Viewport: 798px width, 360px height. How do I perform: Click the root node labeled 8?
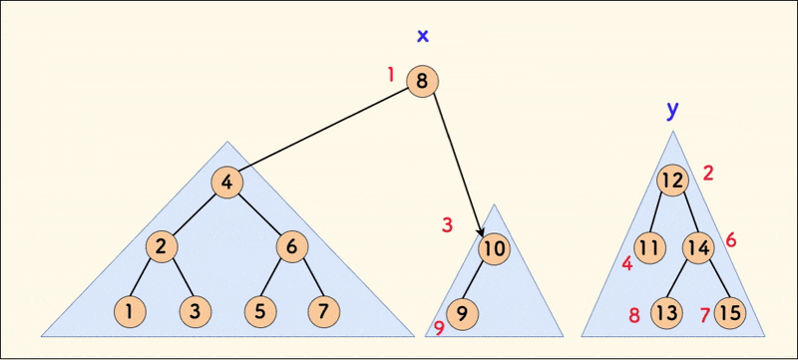(423, 82)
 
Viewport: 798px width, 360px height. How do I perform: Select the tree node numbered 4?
(227, 182)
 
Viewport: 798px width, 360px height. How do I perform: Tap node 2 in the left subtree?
(162, 246)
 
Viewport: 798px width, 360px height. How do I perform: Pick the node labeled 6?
(291, 246)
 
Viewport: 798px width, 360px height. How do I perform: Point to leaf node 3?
(196, 311)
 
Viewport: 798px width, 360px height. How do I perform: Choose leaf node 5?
(260, 311)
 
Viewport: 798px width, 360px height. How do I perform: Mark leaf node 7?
(324, 311)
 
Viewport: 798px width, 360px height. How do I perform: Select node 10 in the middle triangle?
(494, 248)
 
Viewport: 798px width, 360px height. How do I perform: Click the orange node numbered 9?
(462, 313)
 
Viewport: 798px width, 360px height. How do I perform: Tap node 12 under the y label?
(673, 181)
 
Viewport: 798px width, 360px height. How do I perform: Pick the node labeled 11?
(650, 246)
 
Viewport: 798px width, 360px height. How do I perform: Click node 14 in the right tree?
(698, 246)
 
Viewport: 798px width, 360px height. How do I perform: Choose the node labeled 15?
(730, 313)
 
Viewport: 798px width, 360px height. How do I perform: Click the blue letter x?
(423, 37)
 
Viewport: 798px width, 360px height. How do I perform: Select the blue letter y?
(672, 108)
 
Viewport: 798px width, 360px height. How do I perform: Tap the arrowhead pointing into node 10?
(483, 231)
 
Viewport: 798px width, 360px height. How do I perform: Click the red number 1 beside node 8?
(391, 74)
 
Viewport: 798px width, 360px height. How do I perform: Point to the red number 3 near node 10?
(447, 225)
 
